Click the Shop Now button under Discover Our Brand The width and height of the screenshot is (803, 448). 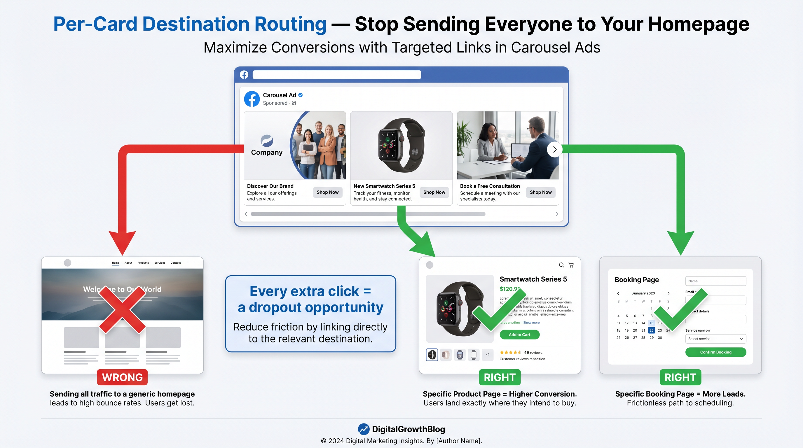[327, 192]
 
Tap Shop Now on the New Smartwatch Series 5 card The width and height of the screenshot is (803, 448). [434, 192]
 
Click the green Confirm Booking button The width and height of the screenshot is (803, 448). [715, 352]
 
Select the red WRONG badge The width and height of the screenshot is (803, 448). [122, 377]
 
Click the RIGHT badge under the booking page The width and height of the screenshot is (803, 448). [680, 377]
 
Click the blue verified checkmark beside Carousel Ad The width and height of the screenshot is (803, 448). [301, 95]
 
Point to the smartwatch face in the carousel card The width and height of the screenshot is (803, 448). [388, 145]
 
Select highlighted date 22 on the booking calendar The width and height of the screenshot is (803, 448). [651, 330]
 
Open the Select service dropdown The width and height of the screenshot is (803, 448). [715, 339]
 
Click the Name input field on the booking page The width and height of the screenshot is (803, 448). [715, 281]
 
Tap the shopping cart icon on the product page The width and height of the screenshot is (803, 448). [571, 265]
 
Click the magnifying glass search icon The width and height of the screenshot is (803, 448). [561, 265]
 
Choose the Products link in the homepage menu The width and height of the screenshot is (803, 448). [143, 262]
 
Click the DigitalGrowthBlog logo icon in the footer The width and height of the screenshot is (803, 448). [364, 429]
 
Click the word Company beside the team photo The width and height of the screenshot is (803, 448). [266, 152]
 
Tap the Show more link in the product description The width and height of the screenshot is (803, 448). [531, 323]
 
